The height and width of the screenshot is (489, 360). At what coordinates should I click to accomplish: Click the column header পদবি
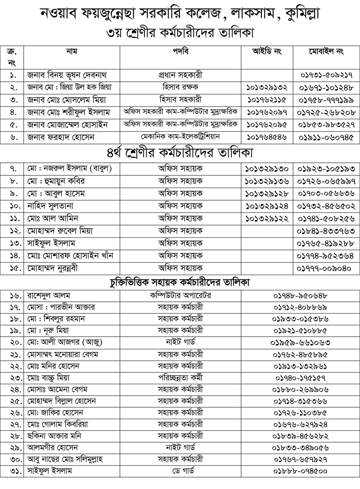[180, 52]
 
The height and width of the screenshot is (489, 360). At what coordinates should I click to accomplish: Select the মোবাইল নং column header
[327, 52]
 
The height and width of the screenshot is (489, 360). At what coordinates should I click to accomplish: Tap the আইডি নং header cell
[267, 52]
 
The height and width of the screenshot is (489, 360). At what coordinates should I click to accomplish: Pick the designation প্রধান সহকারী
[180, 75]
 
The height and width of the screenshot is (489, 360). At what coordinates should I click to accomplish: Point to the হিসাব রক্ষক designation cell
[180, 88]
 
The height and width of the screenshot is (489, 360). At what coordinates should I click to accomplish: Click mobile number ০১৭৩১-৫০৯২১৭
[327, 76]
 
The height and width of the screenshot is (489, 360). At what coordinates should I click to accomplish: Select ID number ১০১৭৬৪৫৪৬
[267, 137]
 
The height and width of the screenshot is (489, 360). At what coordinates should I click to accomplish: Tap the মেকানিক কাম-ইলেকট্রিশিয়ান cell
[180, 137]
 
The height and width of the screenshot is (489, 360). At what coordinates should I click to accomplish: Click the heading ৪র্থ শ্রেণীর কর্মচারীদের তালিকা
[180, 153]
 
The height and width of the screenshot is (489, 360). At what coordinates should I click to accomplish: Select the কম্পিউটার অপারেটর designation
[180, 296]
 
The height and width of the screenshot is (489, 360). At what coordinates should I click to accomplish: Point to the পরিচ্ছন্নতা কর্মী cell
[180, 378]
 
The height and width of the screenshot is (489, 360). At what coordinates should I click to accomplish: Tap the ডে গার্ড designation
[180, 471]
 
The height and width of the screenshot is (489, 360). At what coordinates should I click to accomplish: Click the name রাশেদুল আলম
[49, 296]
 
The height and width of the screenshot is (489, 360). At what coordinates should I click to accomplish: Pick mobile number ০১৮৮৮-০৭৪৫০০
[301, 471]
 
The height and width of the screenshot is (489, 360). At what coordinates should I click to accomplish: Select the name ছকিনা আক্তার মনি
[54, 436]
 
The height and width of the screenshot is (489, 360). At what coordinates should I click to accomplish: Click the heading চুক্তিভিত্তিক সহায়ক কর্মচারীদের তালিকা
[180, 282]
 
